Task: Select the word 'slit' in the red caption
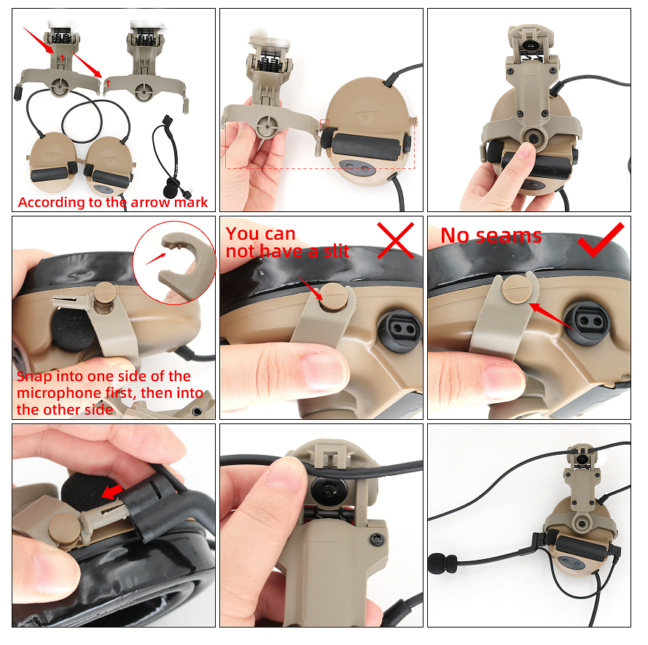[x=331, y=251]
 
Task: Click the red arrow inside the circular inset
[x=156, y=257]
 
